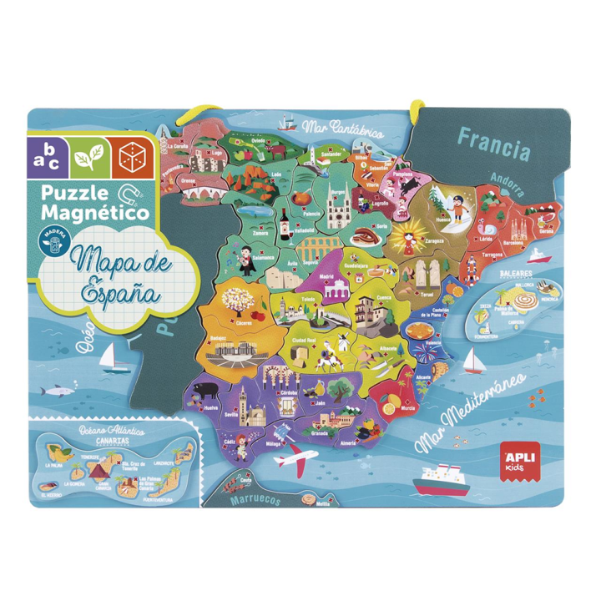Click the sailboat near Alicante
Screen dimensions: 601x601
click(x=472, y=361)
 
